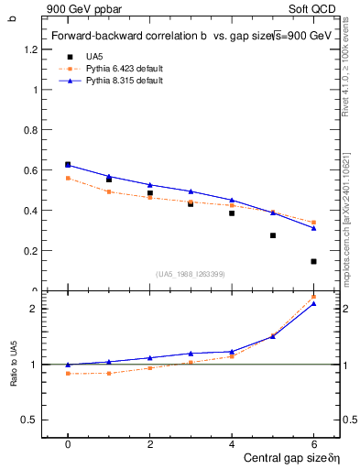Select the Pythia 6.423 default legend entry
pos(123,68)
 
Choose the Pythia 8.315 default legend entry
pos(123,81)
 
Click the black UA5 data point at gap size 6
pos(313,261)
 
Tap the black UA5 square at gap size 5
pos(273,235)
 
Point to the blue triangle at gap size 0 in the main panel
pos(68,165)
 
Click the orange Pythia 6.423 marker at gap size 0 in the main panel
pos(68,178)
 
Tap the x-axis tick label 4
pos(232,444)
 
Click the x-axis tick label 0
pos(68,444)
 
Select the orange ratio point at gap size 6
pos(313,297)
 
